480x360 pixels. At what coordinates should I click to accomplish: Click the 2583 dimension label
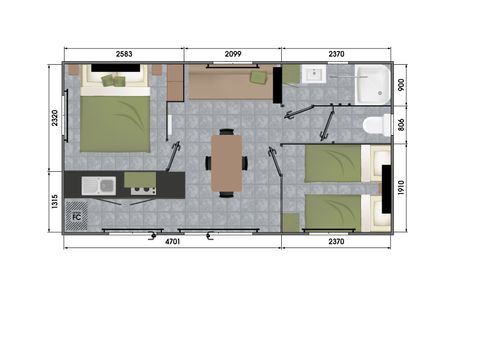pyautogui.click(x=124, y=53)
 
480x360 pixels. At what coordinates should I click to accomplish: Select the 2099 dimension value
pyautogui.click(x=232, y=53)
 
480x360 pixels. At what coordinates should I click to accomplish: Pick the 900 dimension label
pyautogui.click(x=401, y=87)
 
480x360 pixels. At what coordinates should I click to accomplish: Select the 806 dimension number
pyautogui.click(x=401, y=125)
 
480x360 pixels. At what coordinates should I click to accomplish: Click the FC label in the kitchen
pyautogui.click(x=76, y=215)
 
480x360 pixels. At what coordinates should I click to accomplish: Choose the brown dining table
pyautogui.click(x=227, y=162)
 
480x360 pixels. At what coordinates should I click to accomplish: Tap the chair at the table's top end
pyautogui.click(x=227, y=131)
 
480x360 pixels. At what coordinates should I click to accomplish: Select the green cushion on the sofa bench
pyautogui.click(x=258, y=76)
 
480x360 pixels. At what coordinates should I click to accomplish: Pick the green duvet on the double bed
pyautogui.click(x=115, y=121)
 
